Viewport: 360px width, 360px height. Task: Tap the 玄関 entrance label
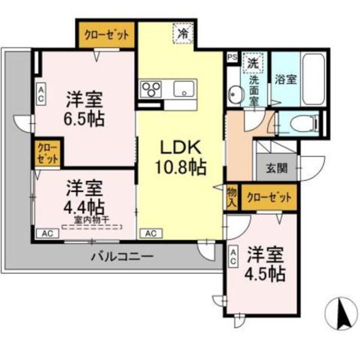[277, 167]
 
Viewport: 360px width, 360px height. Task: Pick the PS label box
[232, 57]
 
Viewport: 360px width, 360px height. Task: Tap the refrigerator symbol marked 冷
[182, 33]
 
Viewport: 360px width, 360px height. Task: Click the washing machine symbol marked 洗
[253, 63]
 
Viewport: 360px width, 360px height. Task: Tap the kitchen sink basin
[184, 89]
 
